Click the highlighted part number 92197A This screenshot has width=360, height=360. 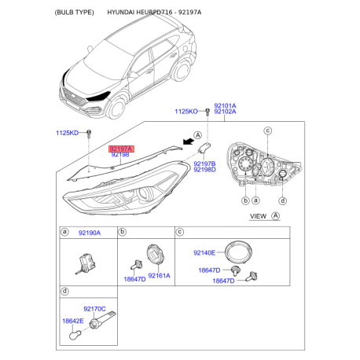(121, 149)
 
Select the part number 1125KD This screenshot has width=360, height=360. (67, 133)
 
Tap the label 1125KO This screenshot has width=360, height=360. (186, 112)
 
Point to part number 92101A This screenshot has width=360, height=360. (225, 105)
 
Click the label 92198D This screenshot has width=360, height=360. (204, 170)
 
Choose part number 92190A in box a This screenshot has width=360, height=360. (90, 233)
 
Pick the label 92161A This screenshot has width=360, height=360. (159, 276)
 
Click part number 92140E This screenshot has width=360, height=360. (204, 253)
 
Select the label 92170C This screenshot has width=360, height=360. (94, 309)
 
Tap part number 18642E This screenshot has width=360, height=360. (73, 321)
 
